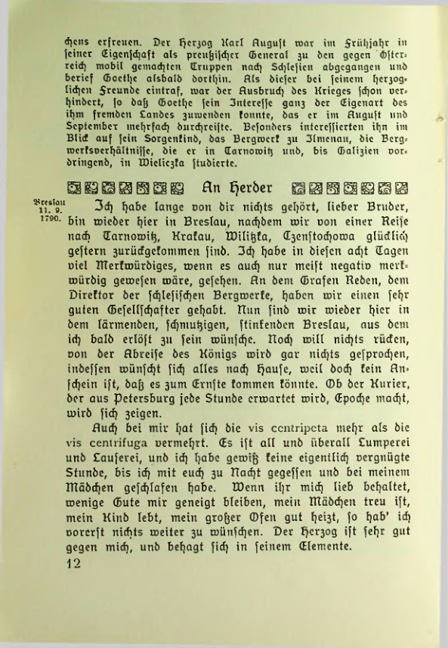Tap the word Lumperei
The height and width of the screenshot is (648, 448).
(378, 456)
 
